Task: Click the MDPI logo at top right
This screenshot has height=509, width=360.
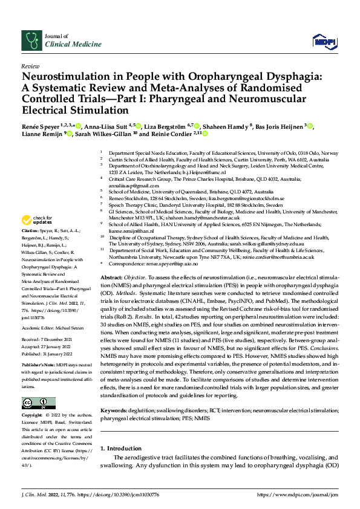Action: click(321, 41)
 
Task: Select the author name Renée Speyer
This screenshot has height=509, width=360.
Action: click(42, 126)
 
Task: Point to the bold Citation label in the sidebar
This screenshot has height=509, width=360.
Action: click(31, 232)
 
